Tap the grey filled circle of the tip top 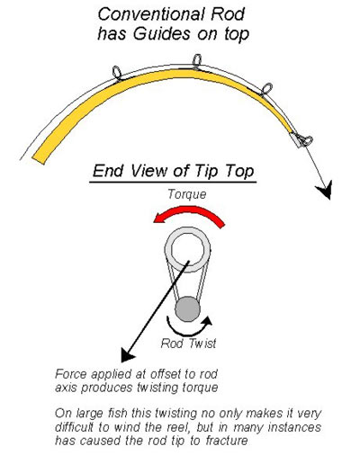click(187, 309)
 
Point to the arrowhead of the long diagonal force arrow click(127, 354)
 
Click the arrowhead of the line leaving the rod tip click(325, 191)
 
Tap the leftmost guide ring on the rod click(117, 73)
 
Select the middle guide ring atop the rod click(197, 61)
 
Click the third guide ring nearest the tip click(266, 89)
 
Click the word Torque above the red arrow click(187, 194)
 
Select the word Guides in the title click(162, 33)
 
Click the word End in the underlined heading click(108, 171)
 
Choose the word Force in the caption click(71, 374)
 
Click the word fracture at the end click(227, 441)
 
